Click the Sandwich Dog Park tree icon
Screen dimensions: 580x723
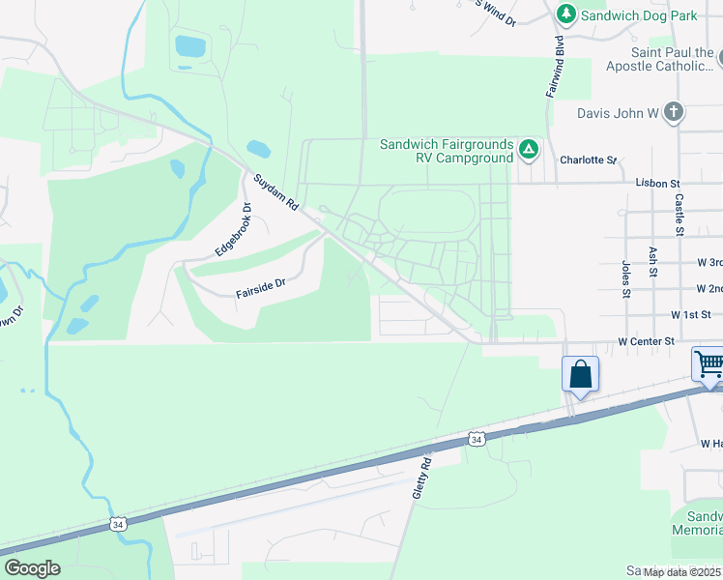click(x=566, y=14)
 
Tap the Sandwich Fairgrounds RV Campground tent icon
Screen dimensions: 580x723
click(x=528, y=150)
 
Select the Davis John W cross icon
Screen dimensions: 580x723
click(x=674, y=113)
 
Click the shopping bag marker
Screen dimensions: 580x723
click(x=580, y=373)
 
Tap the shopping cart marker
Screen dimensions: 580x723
click(x=709, y=365)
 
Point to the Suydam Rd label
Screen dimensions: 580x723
click(x=275, y=193)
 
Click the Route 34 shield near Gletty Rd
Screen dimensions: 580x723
click(x=476, y=439)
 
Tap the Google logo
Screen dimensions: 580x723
click(x=32, y=568)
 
